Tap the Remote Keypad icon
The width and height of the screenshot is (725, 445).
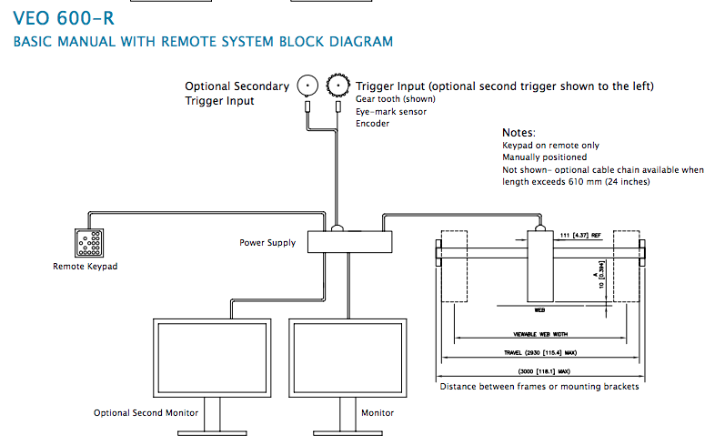click(88, 242)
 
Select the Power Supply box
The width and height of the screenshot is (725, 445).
click(349, 242)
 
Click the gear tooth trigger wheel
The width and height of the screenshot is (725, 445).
click(338, 86)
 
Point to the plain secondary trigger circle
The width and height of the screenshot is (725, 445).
click(307, 86)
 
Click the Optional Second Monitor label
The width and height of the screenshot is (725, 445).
click(146, 413)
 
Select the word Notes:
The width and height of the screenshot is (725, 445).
click(519, 133)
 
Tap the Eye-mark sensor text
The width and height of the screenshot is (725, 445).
click(391, 111)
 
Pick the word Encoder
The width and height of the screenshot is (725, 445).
click(373, 124)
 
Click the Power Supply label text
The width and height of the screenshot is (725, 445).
click(267, 243)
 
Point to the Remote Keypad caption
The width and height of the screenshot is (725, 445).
click(86, 267)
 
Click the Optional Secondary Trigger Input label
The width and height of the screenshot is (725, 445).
click(237, 94)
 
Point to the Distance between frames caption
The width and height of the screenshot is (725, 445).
click(539, 387)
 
